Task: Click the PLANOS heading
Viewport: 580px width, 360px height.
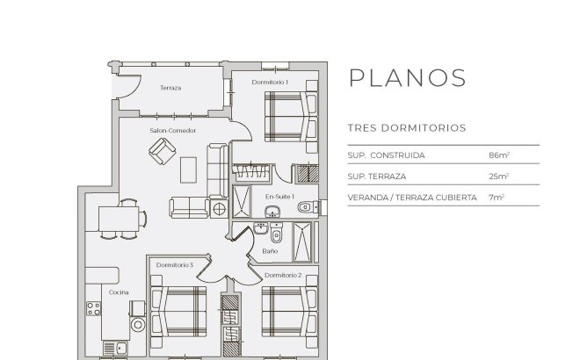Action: (407, 77)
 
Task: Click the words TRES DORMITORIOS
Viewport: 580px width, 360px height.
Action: (406, 127)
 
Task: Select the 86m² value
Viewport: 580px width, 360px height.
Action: (499, 155)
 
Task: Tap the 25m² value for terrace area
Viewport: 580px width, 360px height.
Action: (499, 176)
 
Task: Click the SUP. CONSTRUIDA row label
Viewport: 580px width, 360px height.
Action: (387, 155)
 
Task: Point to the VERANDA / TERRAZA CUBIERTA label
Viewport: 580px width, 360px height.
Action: (412, 198)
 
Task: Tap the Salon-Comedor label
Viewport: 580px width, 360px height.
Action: (172, 131)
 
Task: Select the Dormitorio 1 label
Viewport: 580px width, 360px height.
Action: (270, 82)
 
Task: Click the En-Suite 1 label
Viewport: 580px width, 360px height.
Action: (279, 196)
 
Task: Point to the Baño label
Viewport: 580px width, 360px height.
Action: (270, 252)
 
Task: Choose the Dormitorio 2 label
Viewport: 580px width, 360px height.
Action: (282, 276)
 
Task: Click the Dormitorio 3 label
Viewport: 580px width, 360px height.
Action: (174, 264)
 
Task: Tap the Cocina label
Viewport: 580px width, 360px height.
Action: (120, 292)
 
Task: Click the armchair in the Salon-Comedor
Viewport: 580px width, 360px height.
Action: (162, 154)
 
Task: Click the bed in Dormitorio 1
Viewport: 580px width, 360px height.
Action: (287, 116)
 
